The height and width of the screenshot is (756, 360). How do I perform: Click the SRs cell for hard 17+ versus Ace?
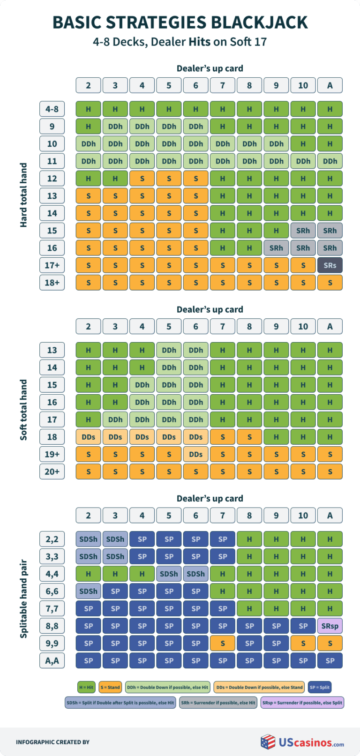[x=330, y=265]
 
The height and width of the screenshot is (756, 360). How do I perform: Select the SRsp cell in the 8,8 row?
[x=330, y=626]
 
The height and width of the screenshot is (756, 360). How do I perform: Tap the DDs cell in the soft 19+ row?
[x=196, y=454]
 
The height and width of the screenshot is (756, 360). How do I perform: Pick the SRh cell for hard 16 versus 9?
[x=276, y=248]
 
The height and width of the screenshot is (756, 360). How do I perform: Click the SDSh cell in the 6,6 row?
[x=88, y=591]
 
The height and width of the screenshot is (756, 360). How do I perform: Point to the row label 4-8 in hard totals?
[x=52, y=109]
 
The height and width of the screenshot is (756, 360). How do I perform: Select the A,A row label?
[x=52, y=661]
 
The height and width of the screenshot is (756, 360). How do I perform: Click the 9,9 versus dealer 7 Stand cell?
[x=223, y=644]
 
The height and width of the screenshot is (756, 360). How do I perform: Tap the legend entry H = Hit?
[x=86, y=687]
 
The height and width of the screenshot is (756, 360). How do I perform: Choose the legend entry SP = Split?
[x=320, y=687]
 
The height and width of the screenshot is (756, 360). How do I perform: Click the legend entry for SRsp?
[x=302, y=703]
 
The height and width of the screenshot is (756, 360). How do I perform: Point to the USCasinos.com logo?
[x=302, y=742]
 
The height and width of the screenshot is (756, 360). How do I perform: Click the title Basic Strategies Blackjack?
[x=180, y=22]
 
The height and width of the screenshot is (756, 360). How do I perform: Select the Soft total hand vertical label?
[x=23, y=410]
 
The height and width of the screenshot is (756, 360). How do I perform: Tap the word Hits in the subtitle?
[x=200, y=42]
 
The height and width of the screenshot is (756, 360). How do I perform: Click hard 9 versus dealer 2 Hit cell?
[x=88, y=127]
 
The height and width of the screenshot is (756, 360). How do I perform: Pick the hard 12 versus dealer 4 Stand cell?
[x=142, y=179]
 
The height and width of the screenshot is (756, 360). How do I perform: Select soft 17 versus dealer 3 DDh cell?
[x=115, y=419]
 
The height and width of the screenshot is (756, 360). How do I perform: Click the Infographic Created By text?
[x=52, y=742]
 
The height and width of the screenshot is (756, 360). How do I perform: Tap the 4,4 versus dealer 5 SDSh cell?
[x=169, y=574]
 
